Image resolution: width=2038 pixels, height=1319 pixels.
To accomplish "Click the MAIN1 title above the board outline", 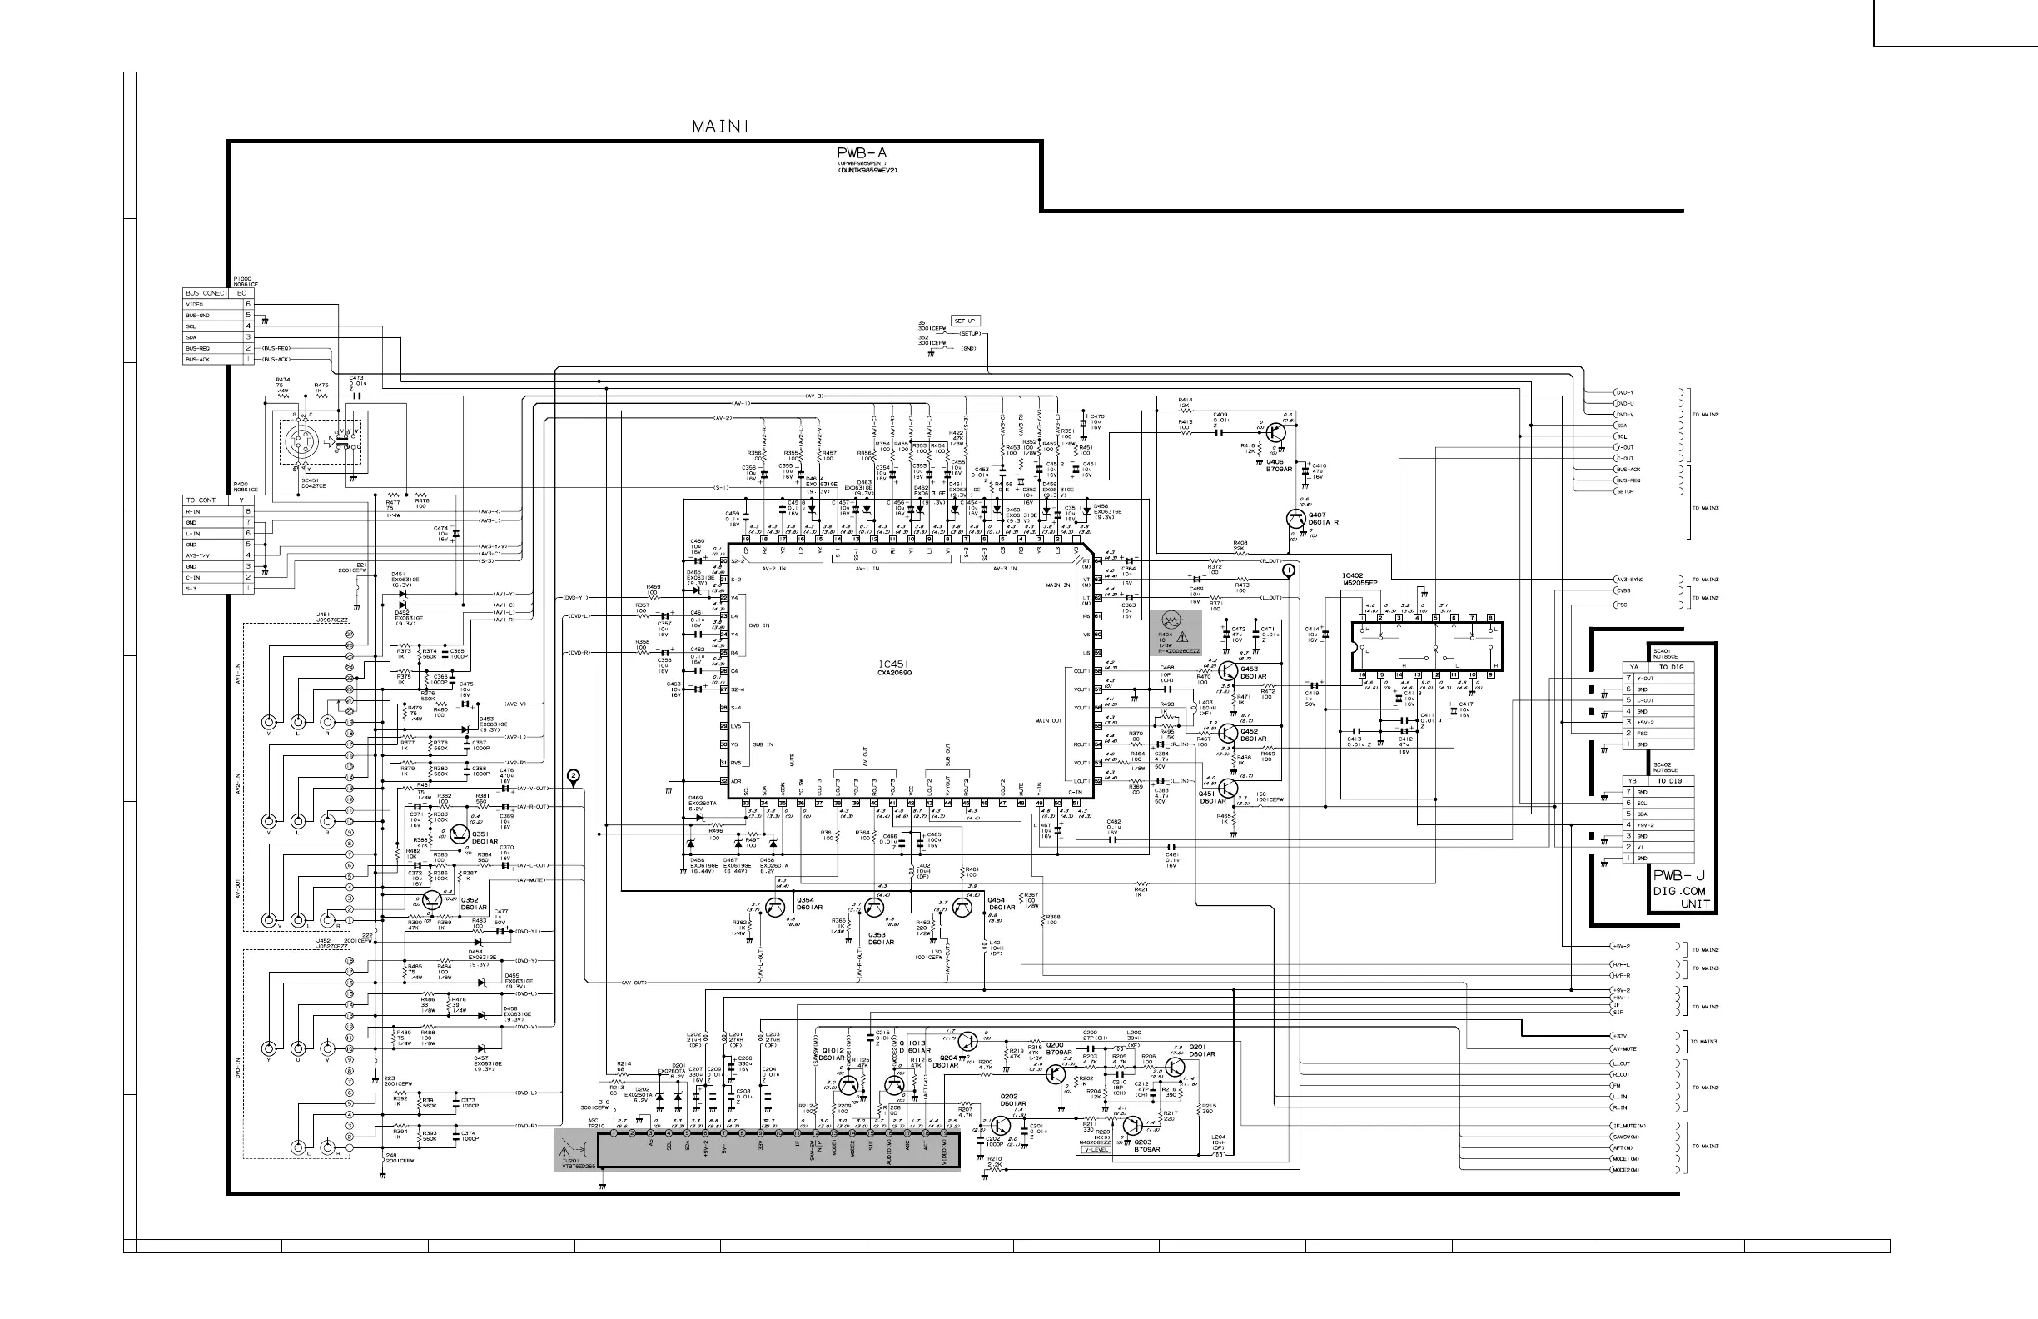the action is tap(720, 127).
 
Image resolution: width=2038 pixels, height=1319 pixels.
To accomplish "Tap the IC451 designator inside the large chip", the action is tap(894, 664).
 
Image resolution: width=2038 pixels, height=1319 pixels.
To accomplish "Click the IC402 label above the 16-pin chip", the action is tap(1352, 575).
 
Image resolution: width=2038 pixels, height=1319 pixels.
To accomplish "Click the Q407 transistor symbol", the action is tap(1295, 518).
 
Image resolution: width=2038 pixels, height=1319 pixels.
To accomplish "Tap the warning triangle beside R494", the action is tap(1182, 637).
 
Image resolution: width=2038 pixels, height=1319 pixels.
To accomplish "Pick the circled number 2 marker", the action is tap(573, 777).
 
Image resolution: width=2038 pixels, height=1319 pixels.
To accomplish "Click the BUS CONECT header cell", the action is tap(206, 293).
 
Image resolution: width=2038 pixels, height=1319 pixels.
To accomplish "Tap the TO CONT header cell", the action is tap(202, 500).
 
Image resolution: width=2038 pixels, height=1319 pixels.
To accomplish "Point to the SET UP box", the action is tap(965, 321).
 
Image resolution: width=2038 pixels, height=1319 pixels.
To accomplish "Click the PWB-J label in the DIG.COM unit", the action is tap(1678, 875).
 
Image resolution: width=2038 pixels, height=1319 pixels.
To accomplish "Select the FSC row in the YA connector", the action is tap(1658, 733).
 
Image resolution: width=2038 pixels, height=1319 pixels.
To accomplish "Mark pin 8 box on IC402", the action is tap(1491, 618).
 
